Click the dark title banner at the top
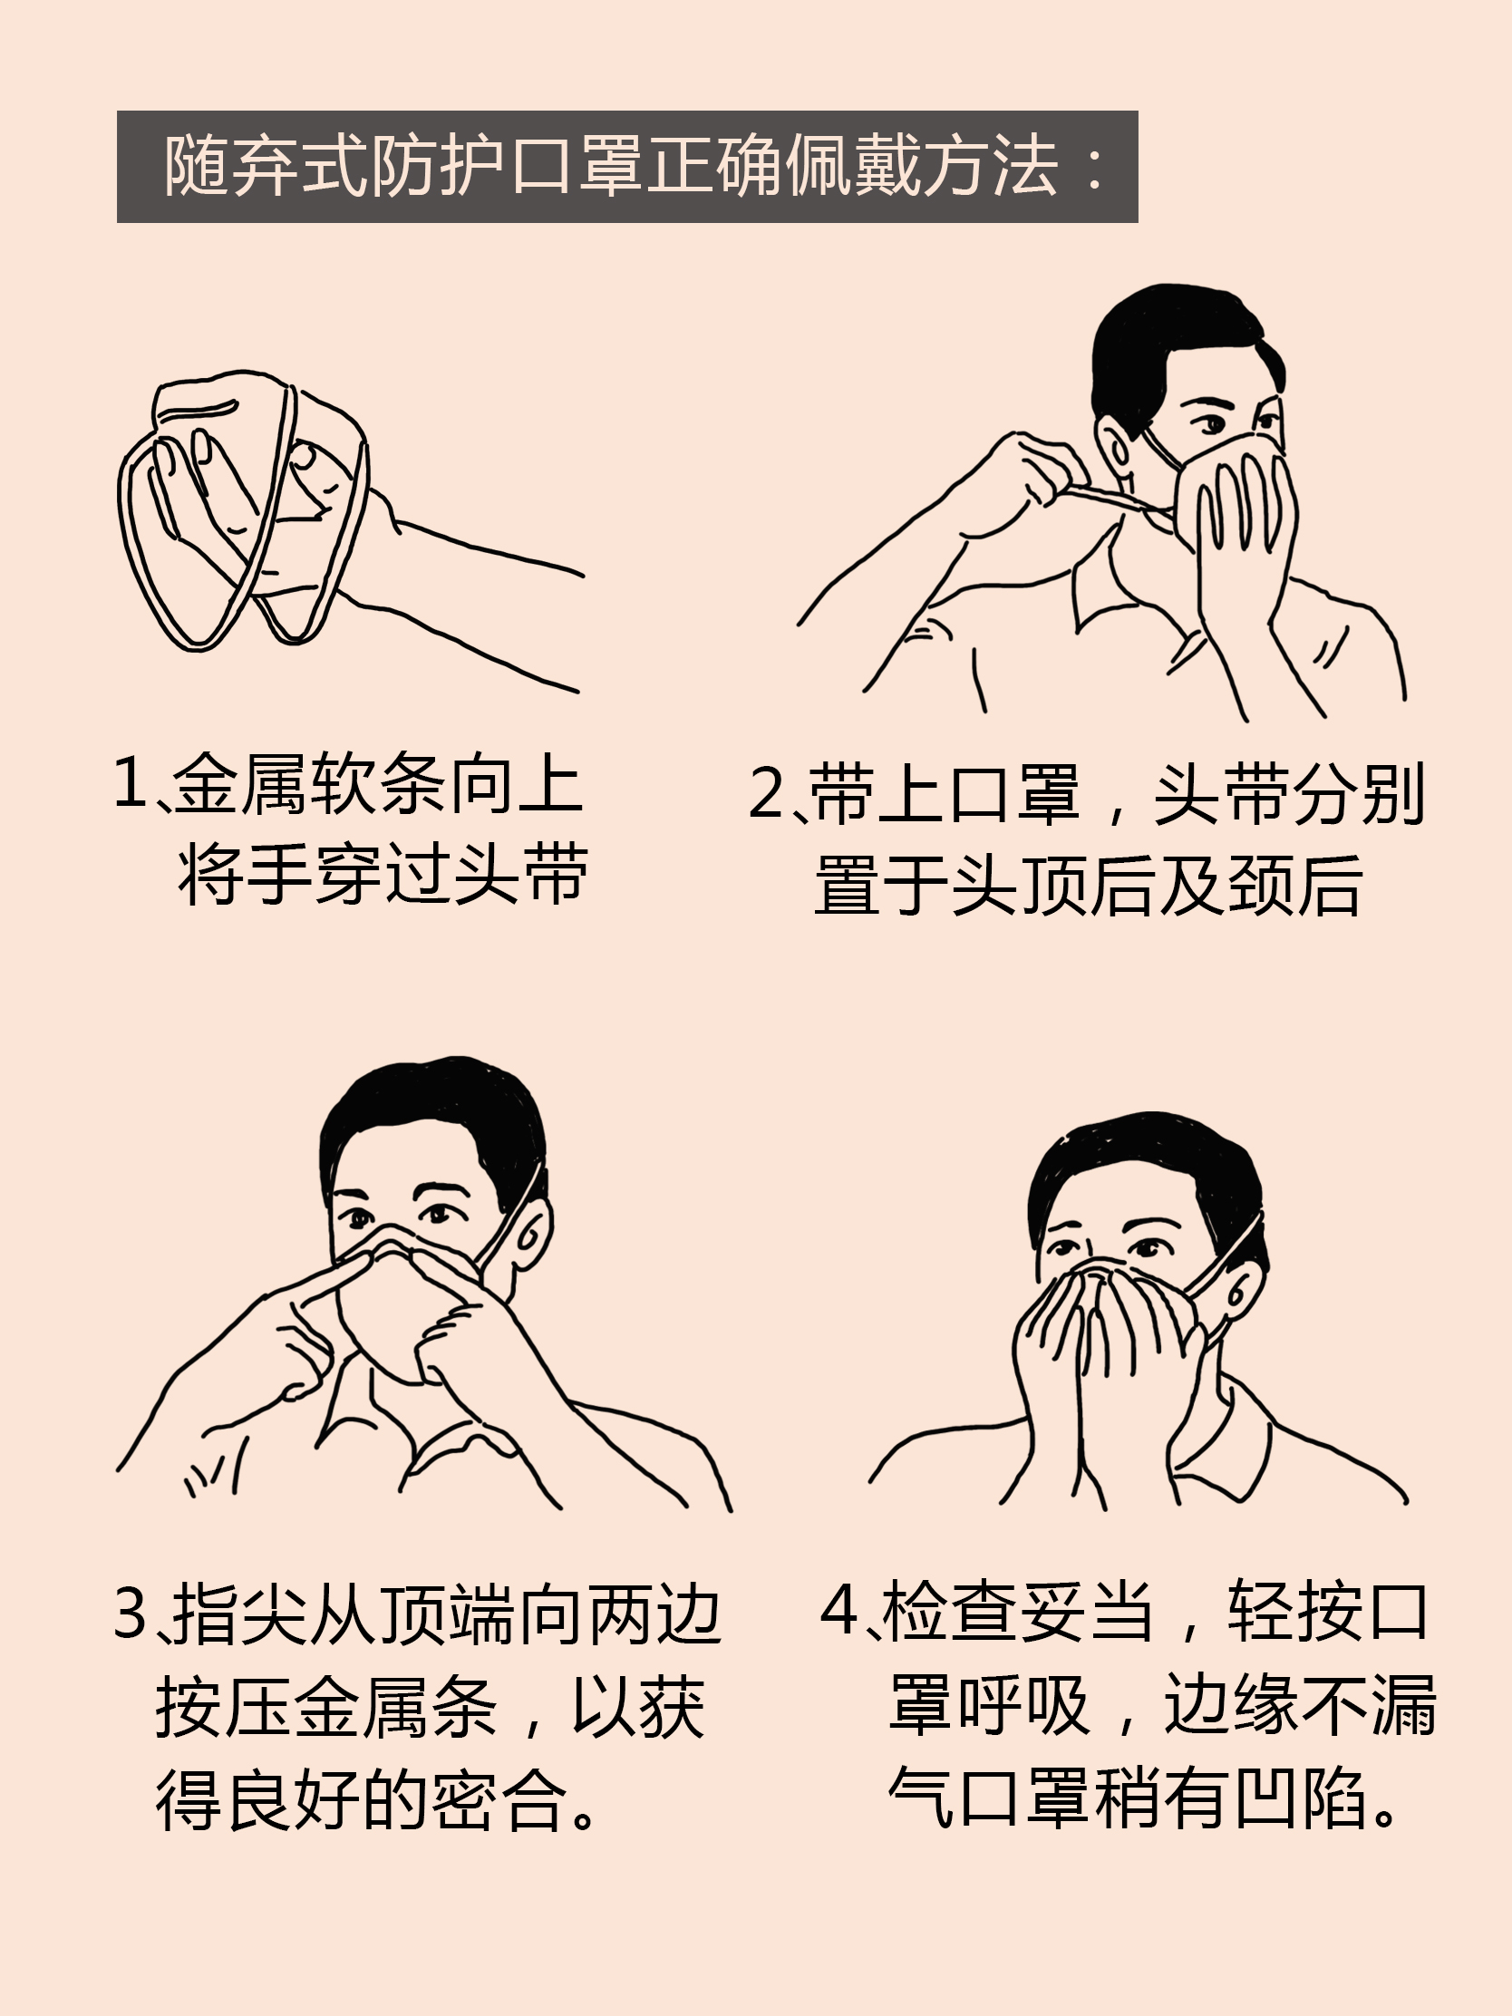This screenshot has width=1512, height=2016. pyautogui.click(x=627, y=166)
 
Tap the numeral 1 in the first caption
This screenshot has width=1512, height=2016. pyautogui.click(x=131, y=782)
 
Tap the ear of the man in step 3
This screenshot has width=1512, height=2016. pyautogui.click(x=531, y=1231)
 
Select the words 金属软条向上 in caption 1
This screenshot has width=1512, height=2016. pyautogui.click(x=377, y=782)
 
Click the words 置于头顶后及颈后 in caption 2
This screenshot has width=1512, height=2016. pyautogui.click(x=1088, y=885)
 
